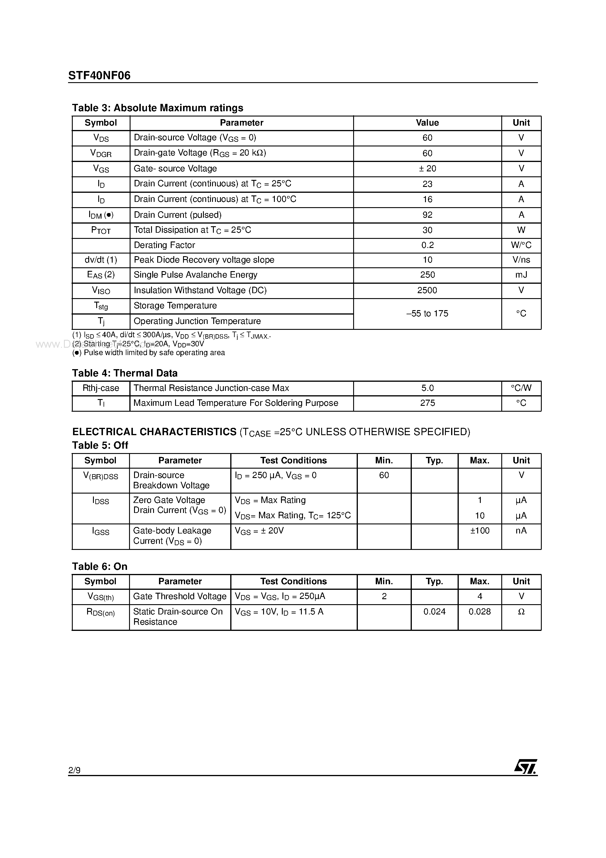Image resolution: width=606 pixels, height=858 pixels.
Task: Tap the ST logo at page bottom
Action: click(525, 766)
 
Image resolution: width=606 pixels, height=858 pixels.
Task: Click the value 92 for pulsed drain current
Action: click(427, 215)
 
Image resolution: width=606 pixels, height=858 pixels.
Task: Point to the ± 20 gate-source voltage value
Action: click(427, 168)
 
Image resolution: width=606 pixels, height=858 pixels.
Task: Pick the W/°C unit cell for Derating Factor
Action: click(521, 245)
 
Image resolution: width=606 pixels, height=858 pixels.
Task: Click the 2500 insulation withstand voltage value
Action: click(427, 290)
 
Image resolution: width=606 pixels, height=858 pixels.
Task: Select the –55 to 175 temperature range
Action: click(427, 313)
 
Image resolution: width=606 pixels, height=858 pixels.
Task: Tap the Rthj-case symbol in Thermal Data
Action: click(101, 388)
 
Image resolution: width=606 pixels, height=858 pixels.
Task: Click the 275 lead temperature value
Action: click(427, 403)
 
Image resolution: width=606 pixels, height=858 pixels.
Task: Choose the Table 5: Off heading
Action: click(100, 445)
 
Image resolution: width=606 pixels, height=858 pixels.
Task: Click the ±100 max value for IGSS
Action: click(479, 531)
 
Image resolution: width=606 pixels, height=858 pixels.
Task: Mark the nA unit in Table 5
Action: click(521, 531)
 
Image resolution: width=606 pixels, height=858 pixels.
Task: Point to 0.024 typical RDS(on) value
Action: click(434, 612)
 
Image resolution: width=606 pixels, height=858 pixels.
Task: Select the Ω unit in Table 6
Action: click(521, 612)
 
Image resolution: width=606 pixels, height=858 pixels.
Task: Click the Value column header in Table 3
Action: click(427, 123)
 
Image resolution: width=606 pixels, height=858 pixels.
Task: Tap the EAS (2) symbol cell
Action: click(101, 275)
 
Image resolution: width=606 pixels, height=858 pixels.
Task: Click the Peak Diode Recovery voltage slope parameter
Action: click(204, 260)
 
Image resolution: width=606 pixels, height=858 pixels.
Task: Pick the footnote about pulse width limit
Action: click(148, 353)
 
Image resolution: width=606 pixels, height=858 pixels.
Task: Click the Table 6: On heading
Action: click(99, 567)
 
